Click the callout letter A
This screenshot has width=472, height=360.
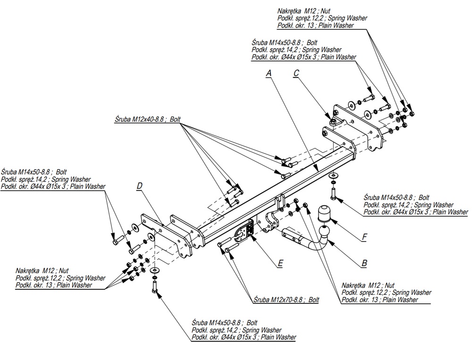(x=269, y=73)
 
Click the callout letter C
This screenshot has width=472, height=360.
(x=296, y=73)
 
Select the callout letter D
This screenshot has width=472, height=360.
(x=139, y=186)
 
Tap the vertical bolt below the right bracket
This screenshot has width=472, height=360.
(x=334, y=193)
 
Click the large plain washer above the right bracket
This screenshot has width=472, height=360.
(x=352, y=104)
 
